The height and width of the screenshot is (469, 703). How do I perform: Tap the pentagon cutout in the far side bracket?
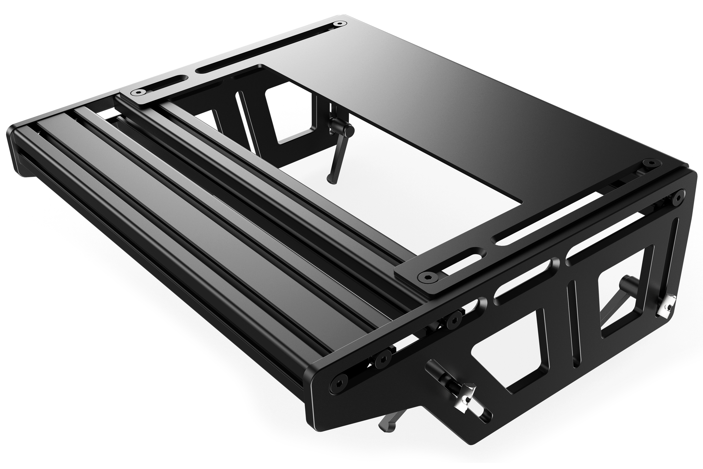[288, 120]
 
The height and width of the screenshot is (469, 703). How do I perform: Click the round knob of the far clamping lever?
[349, 129]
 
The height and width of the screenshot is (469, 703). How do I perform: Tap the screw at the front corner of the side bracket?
[338, 383]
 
